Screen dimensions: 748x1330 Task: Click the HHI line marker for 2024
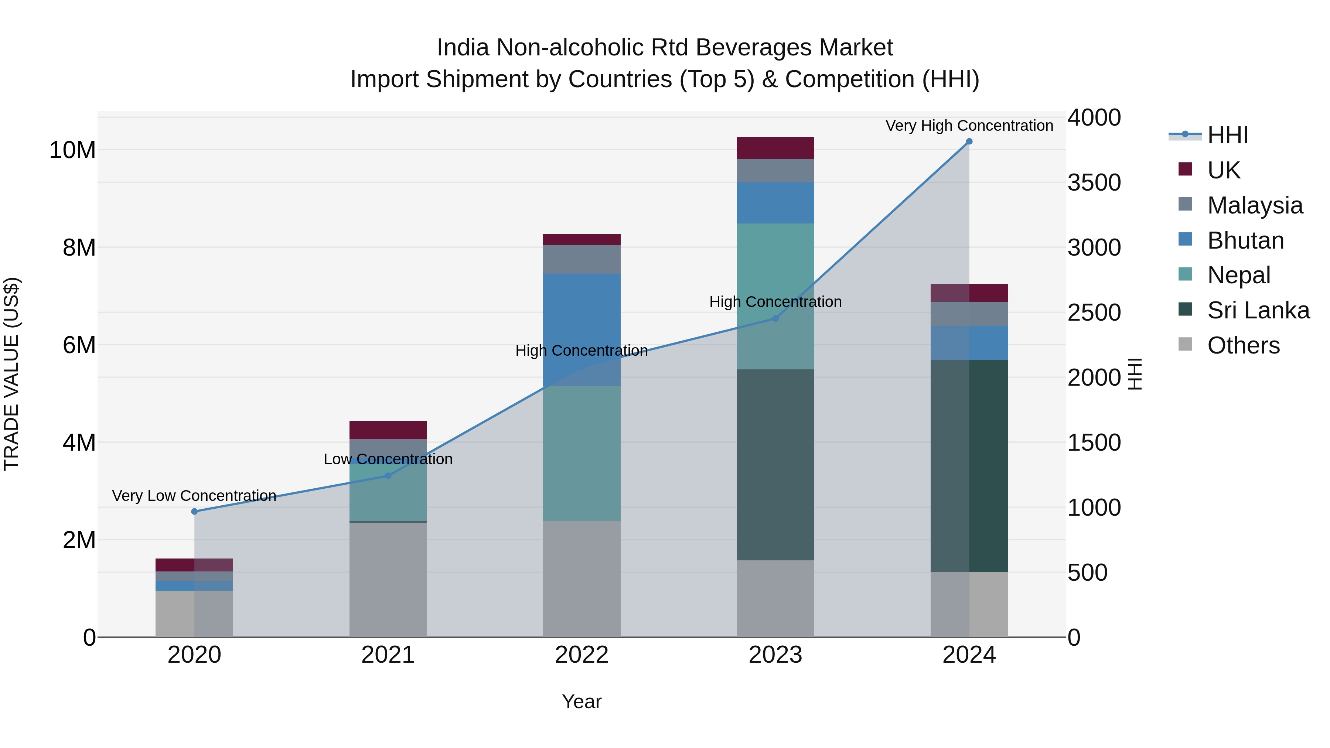pyautogui.click(x=969, y=141)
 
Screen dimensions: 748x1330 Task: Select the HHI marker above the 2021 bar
pyautogui.click(x=388, y=476)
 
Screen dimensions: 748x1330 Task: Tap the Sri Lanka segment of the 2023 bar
pyautogui.click(x=775, y=465)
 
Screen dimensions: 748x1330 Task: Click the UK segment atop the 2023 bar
pyautogui.click(x=775, y=148)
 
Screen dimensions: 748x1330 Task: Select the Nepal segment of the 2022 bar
pyautogui.click(x=582, y=453)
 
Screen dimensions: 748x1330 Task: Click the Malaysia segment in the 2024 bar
pyautogui.click(x=969, y=314)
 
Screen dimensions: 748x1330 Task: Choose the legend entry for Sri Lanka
pyautogui.click(x=1258, y=310)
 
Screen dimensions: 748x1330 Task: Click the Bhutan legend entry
pyautogui.click(x=1245, y=240)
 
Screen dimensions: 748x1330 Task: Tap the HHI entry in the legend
pyautogui.click(x=1227, y=135)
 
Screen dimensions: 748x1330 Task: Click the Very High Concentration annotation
pyautogui.click(x=969, y=126)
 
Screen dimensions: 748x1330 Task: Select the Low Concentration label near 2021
pyautogui.click(x=388, y=459)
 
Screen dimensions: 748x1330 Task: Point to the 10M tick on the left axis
pyautogui.click(x=72, y=150)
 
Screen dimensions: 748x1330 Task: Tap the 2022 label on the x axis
pyautogui.click(x=582, y=655)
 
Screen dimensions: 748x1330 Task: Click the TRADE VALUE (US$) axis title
pyautogui.click(x=12, y=374)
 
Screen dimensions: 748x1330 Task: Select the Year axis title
pyautogui.click(x=582, y=701)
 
